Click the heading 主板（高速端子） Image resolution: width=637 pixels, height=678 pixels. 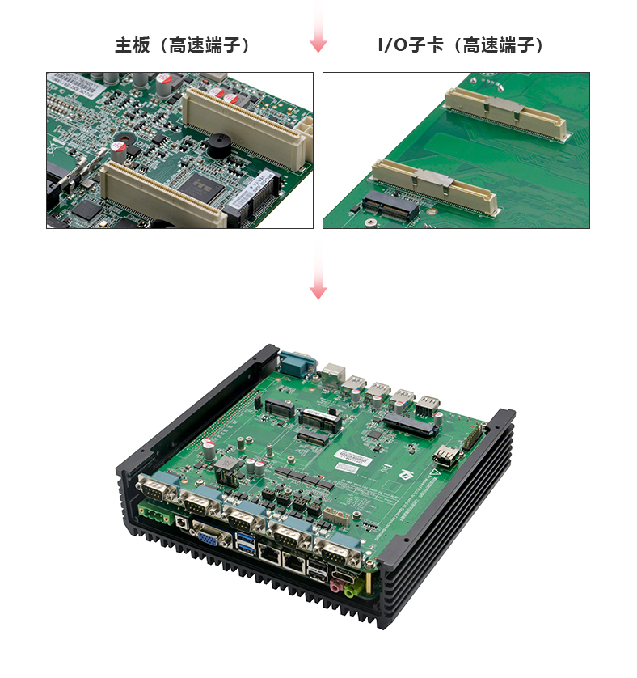[183, 45]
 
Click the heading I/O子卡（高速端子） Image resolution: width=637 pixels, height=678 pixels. [461, 45]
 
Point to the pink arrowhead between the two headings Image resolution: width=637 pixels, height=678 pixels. [318, 45]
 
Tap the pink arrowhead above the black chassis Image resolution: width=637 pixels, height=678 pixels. [318, 293]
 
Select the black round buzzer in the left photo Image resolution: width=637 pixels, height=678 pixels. [219, 146]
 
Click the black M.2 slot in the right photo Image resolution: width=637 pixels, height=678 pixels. [390, 206]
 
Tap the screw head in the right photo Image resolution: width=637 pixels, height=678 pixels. [371, 222]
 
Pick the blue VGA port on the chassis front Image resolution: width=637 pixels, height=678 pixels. [209, 536]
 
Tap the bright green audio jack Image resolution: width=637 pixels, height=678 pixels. [350, 589]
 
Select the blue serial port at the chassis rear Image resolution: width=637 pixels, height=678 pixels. [297, 362]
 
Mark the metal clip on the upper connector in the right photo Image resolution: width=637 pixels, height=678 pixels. [504, 108]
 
